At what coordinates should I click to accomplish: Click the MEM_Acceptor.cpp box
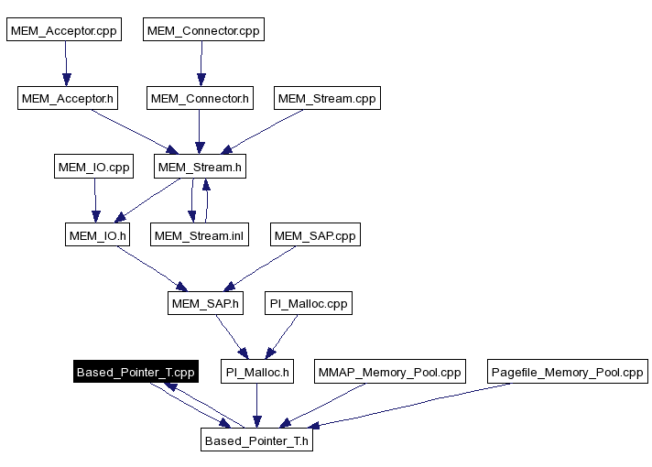[x=63, y=30]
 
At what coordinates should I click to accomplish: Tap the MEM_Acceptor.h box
[x=68, y=98]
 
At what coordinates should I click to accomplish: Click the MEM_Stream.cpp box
[x=326, y=98]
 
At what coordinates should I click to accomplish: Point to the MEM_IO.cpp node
[x=93, y=167]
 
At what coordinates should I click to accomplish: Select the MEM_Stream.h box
[x=200, y=167]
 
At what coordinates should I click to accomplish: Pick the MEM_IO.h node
[x=97, y=235]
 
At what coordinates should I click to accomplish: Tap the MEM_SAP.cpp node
[x=315, y=235]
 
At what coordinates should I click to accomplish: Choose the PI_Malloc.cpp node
[x=307, y=303]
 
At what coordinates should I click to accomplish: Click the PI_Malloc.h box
[x=257, y=372]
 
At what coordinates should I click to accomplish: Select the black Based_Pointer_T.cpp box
[x=135, y=372]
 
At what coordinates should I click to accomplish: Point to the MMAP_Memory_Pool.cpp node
[x=389, y=372]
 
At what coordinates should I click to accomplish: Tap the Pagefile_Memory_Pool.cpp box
[x=567, y=372]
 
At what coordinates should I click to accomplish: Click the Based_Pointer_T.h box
[x=258, y=440]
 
